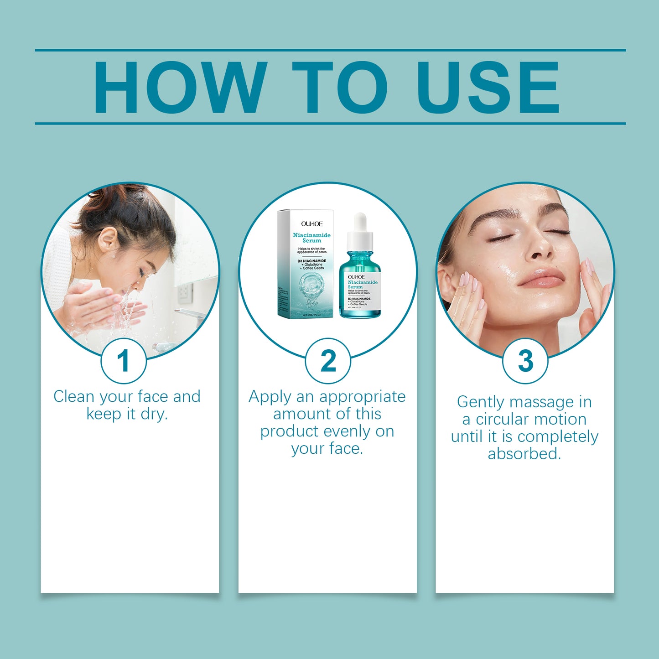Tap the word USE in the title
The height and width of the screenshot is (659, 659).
[488, 87]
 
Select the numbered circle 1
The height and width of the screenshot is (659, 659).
[123, 361]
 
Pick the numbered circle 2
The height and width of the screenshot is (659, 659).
[327, 361]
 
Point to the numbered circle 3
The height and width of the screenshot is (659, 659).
[525, 361]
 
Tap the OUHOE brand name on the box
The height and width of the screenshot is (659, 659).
[311, 223]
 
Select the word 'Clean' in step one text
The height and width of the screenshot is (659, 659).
[74, 396]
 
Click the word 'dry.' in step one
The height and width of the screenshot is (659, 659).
[154, 414]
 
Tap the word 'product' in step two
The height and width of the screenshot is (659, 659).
[290, 431]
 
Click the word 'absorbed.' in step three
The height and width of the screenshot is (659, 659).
[524, 454]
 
